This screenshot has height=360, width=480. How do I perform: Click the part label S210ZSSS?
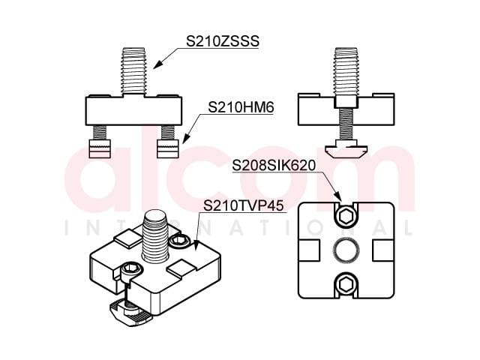point(223,41)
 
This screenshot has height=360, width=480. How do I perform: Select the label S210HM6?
point(241,107)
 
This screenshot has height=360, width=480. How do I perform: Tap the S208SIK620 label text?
point(274,165)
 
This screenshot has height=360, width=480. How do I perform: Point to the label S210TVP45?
point(244,205)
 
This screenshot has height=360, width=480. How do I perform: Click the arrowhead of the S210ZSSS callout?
point(157,65)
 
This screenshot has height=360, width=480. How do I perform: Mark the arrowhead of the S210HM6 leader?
point(185,139)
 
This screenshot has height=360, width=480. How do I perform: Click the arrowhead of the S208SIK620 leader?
point(338,196)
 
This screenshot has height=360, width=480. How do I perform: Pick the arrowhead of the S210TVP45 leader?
point(196,246)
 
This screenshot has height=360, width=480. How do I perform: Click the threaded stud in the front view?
point(133,71)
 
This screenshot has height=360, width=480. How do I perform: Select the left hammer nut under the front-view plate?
point(100,148)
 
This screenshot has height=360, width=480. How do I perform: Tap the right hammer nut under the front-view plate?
point(168,148)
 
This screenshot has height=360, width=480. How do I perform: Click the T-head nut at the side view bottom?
point(346,149)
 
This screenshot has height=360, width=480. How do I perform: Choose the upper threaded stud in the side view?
point(346,71)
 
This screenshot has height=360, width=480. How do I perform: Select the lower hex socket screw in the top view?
point(346,283)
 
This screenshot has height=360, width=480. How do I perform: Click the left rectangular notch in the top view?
point(309,250)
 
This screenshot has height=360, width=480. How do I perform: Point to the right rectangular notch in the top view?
point(383,250)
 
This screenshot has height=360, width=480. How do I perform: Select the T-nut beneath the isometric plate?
point(130,312)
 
